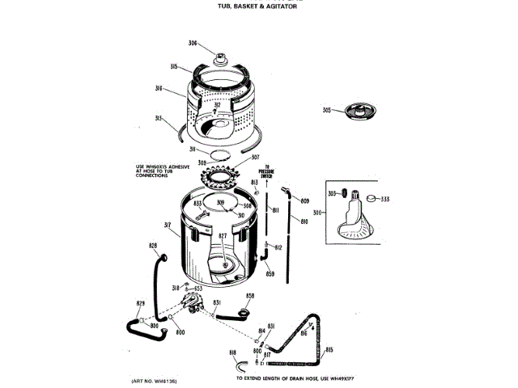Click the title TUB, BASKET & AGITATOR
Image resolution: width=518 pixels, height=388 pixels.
264,8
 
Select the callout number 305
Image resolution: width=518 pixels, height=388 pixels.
327,110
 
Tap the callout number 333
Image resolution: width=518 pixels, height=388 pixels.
385,198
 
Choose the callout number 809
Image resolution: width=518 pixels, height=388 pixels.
305,200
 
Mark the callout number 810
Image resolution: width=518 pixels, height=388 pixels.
305,221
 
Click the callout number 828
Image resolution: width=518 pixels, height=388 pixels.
153,245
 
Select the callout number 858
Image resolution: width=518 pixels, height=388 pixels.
250,297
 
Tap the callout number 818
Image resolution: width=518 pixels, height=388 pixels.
232,353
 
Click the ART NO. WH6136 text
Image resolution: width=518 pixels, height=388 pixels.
154,380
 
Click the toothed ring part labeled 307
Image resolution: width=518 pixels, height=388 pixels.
219,172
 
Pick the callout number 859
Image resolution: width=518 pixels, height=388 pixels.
270,274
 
